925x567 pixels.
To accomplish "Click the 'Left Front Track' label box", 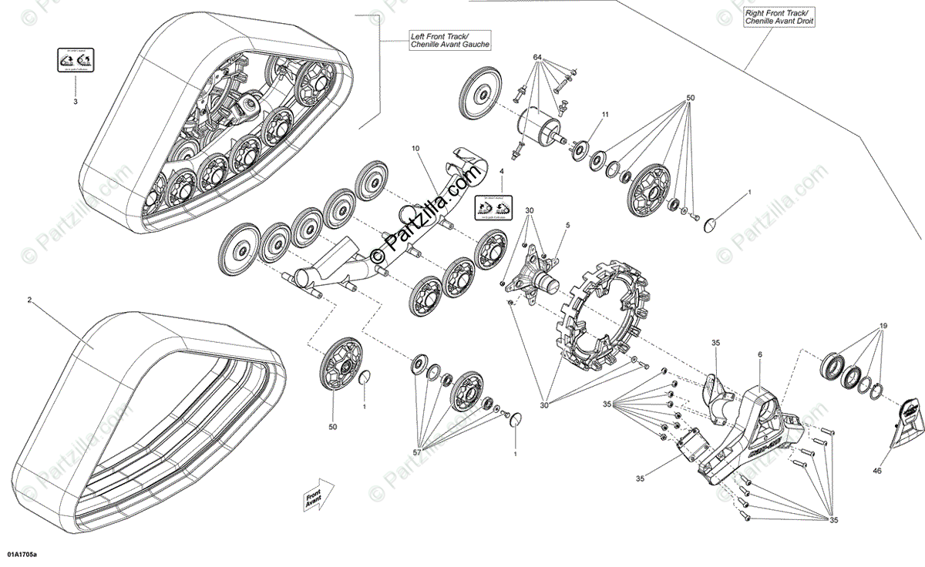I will click(x=450, y=41).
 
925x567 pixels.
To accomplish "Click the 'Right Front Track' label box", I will click(x=779, y=18).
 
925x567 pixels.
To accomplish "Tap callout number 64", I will click(x=537, y=58).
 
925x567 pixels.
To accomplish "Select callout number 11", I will click(x=605, y=115).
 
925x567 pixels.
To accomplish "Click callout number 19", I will click(x=884, y=326).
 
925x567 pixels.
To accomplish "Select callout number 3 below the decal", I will click(x=76, y=102).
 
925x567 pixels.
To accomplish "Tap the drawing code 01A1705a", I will click(x=22, y=553).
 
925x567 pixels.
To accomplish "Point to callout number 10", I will click(x=415, y=147).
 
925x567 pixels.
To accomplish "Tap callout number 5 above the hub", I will click(x=567, y=224).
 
